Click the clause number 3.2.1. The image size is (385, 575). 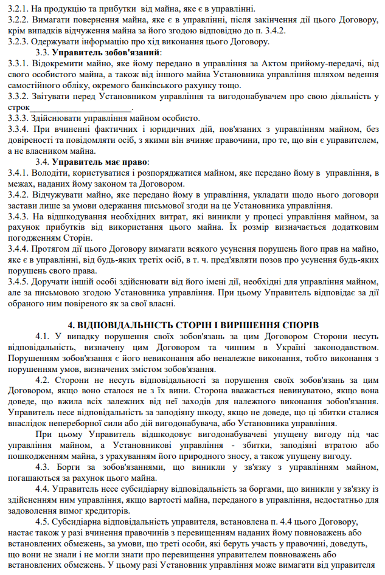pyautogui.click(x=14, y=8)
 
